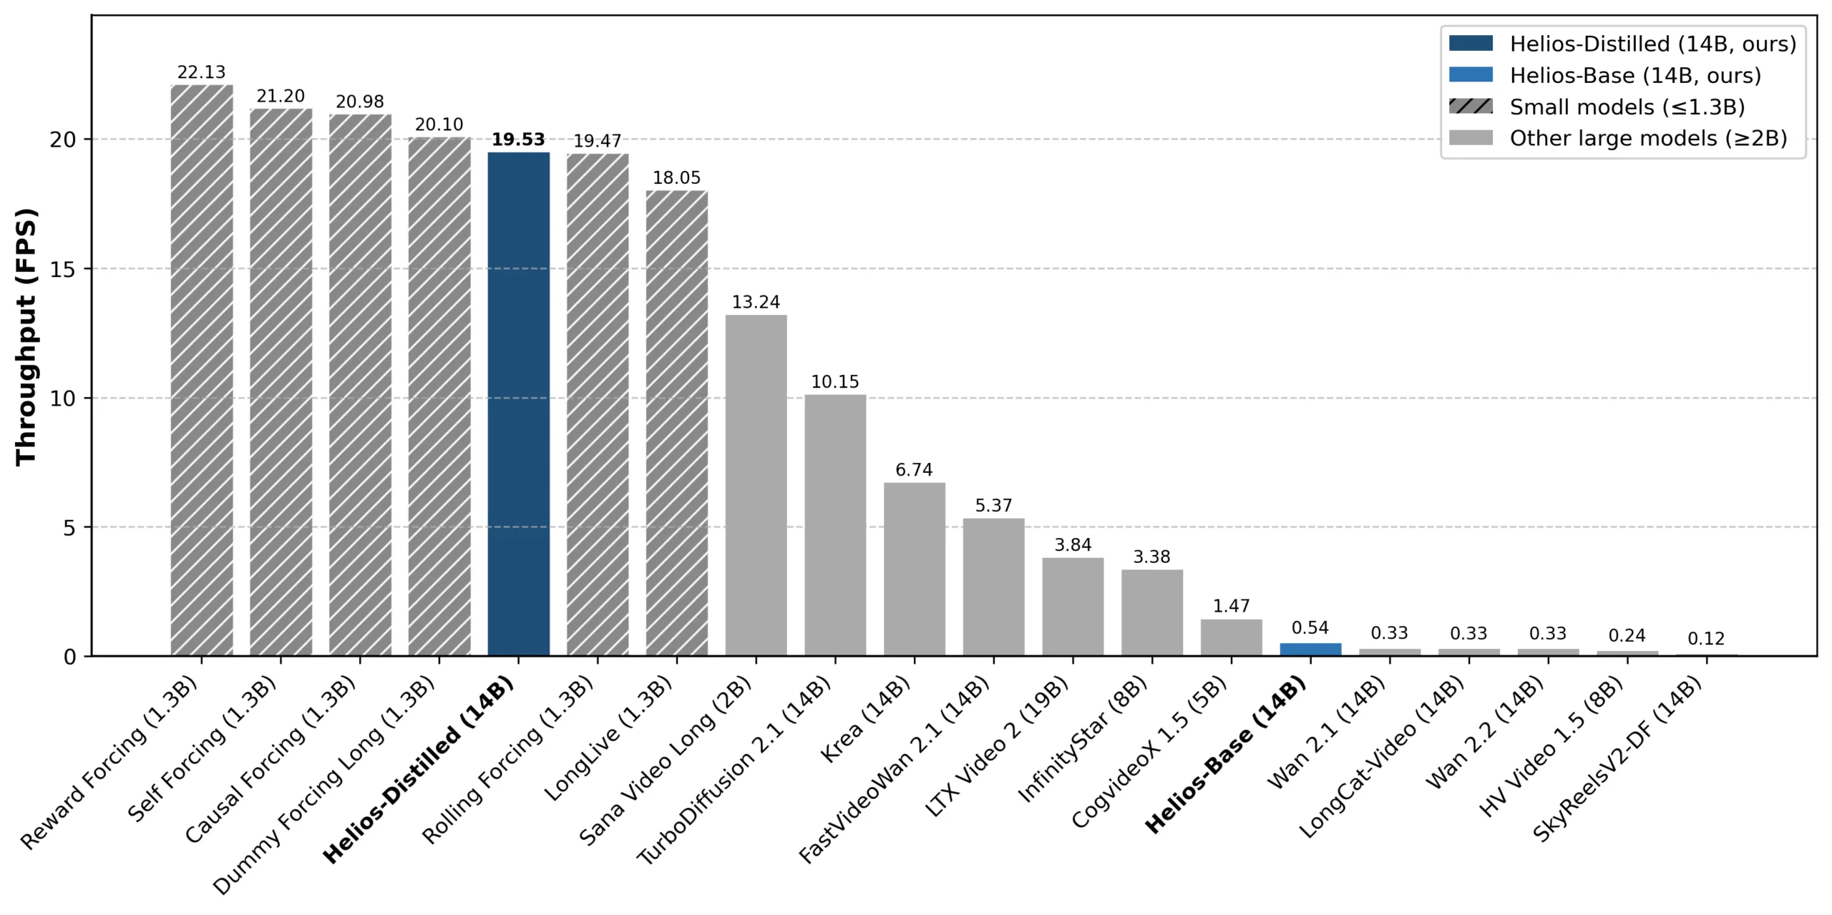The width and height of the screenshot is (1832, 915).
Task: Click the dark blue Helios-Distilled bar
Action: coord(519,404)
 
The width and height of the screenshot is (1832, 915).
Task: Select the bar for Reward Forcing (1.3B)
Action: coord(202,371)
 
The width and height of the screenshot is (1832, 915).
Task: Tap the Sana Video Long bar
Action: coord(756,485)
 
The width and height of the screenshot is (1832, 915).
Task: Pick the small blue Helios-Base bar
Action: coord(1310,650)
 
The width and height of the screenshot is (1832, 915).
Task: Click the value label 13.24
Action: coord(756,302)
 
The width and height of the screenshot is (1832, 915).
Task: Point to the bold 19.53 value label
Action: coord(518,140)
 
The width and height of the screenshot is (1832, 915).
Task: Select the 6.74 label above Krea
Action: coord(914,470)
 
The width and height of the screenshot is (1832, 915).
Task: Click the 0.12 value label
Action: coord(1706,639)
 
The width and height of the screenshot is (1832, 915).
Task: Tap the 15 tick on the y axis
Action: coord(63,269)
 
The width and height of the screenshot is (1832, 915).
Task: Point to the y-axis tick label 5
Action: coord(69,528)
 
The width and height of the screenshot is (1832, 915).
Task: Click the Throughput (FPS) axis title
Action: coord(26,336)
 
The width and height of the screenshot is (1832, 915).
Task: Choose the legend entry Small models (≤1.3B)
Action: coord(1627,107)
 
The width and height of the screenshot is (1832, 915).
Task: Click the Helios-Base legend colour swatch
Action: coord(1471,75)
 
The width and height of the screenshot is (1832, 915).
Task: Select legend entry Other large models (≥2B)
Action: coord(1648,138)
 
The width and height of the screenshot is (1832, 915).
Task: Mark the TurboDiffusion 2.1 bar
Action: coord(835,525)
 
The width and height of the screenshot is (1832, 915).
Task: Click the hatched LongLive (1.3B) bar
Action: coord(677,423)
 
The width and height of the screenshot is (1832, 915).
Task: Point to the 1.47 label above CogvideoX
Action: coord(1231,606)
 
